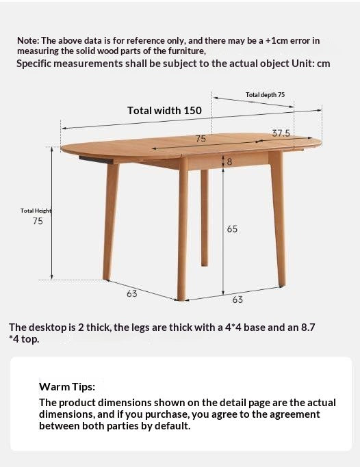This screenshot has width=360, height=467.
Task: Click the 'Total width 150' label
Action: click(x=164, y=110)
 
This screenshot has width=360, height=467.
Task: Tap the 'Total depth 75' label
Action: click(x=265, y=95)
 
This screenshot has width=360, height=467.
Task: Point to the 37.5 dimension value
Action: click(x=281, y=133)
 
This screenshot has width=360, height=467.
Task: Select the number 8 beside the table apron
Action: click(x=229, y=162)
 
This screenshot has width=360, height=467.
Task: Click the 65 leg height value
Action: click(x=232, y=228)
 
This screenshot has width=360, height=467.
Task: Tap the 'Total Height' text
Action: click(x=36, y=211)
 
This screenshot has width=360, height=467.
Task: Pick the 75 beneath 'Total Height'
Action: click(x=38, y=222)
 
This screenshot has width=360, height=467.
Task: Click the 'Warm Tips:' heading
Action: click(x=67, y=387)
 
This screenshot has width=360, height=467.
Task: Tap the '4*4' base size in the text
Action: click(x=233, y=328)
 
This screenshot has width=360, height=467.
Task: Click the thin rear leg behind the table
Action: click(x=204, y=219)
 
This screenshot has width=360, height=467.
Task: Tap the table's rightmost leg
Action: click(x=277, y=219)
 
